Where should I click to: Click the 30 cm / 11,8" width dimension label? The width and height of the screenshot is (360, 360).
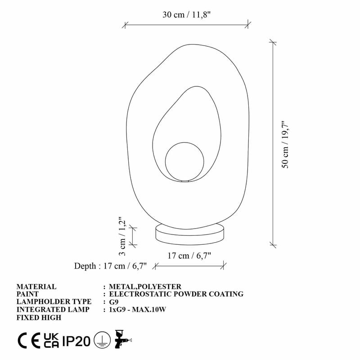pos(187,14)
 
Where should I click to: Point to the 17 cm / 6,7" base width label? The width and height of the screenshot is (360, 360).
pos(189,256)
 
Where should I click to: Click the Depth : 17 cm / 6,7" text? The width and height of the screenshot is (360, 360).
pos(111,266)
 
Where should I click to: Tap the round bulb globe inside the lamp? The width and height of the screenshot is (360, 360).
pos(185,162)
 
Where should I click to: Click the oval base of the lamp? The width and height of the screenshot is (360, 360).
pos(190,233)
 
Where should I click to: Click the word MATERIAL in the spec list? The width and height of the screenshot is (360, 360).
pos(36,287)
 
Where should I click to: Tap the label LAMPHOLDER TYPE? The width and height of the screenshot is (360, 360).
pos(54,302)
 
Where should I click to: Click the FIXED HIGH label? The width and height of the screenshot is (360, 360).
pos(39,317)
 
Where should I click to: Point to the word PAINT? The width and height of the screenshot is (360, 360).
pos(28,294)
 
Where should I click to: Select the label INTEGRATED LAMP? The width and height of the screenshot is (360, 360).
pos(53,310)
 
